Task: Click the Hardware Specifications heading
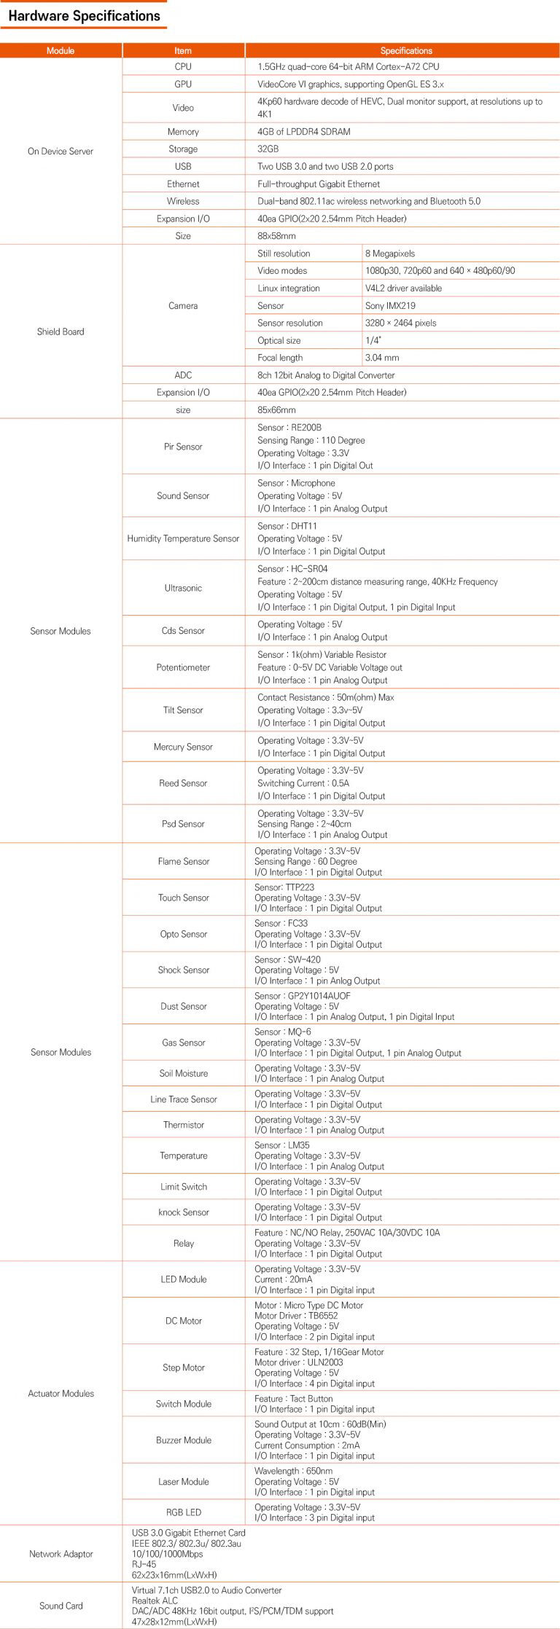tap(84, 16)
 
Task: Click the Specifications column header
tap(406, 50)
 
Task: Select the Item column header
tap(183, 50)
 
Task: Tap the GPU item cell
tap(183, 85)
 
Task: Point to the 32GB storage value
tap(268, 149)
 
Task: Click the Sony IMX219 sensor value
tap(390, 306)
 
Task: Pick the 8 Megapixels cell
tap(390, 254)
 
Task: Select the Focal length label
tap(280, 358)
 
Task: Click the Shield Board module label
tap(61, 331)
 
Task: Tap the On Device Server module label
tap(61, 152)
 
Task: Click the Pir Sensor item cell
tap(183, 447)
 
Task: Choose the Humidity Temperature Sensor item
tap(183, 538)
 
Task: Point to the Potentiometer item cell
tap(183, 667)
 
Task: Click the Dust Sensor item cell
tap(184, 1006)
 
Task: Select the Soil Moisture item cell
tap(184, 1073)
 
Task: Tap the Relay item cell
tap(184, 1243)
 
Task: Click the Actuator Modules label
tap(61, 1393)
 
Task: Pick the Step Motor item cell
tap(184, 1367)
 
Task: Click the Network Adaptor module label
tap(61, 1554)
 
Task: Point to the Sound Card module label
tap(61, 1606)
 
